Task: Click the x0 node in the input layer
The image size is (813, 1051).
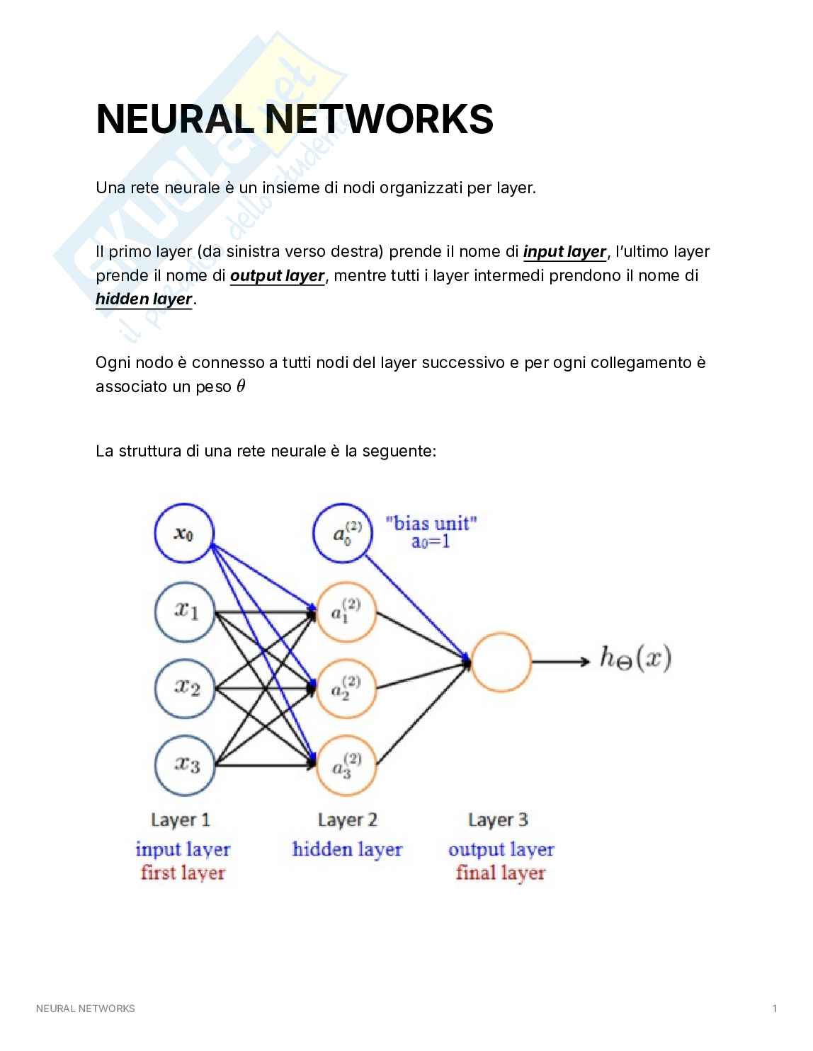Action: point(184,534)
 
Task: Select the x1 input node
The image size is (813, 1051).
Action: point(184,610)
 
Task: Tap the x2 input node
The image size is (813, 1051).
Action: point(184,688)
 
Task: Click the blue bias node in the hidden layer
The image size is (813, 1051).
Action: point(343,534)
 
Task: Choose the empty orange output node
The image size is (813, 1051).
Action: point(500,662)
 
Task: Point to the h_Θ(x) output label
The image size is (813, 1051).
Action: point(635,659)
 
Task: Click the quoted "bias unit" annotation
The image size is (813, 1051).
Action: point(431,523)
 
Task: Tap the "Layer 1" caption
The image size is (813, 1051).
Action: point(181,820)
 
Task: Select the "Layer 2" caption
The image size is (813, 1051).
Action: point(348,820)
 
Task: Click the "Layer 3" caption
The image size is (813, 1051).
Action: point(498,820)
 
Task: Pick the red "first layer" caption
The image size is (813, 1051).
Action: point(183,872)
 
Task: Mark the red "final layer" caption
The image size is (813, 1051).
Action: point(501,872)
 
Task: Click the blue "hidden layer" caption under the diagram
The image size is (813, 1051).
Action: point(347,849)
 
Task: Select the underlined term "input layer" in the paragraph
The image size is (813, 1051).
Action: point(564,251)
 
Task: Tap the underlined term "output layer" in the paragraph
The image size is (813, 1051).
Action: point(277,275)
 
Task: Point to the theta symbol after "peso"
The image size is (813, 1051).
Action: point(240,386)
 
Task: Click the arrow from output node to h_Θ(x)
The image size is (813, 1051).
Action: point(559,662)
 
